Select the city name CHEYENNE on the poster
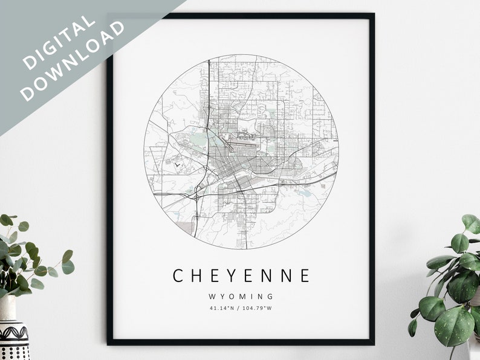pos(241,276)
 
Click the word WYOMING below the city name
pos(241,297)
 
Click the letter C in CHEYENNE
pos(179,276)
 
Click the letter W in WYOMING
pos(213,297)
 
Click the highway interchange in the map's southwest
pos(198,194)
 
